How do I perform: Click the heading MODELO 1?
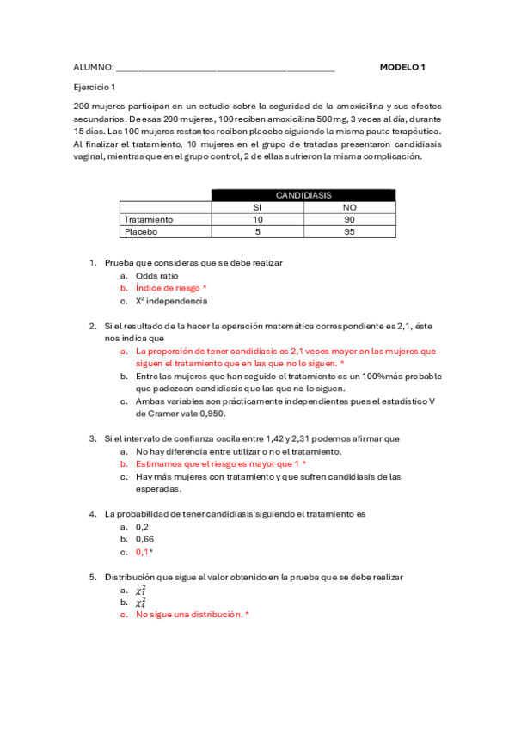click(402, 67)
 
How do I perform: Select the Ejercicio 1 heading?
click(95, 87)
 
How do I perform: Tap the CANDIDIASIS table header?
click(303, 195)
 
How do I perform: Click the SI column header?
click(256, 207)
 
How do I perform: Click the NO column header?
click(349, 207)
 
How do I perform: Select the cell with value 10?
click(256, 219)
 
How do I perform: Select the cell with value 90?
click(349, 219)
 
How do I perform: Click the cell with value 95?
click(349, 231)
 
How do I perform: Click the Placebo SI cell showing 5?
click(256, 231)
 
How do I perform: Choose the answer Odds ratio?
click(156, 275)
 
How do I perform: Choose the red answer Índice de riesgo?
click(171, 288)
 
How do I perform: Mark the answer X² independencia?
click(171, 302)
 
